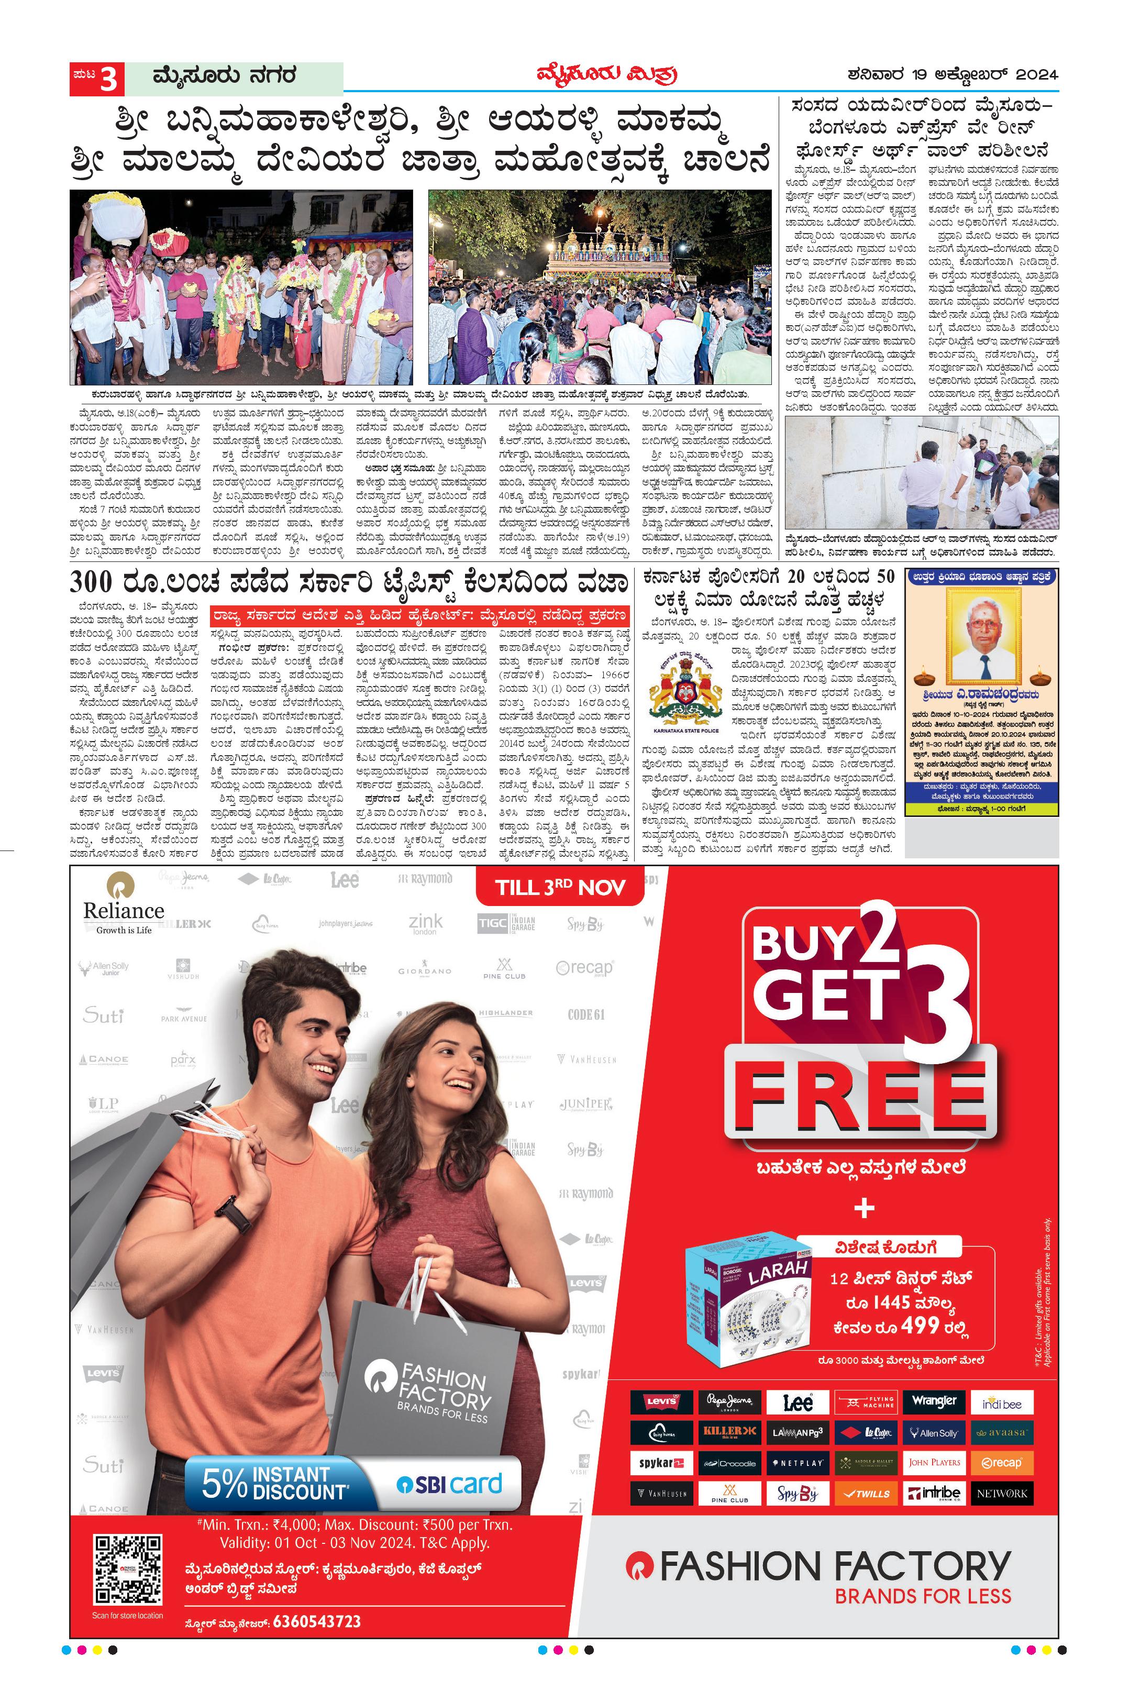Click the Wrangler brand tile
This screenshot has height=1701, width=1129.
pos(934,1401)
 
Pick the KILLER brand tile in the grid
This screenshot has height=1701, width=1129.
pos(729,1432)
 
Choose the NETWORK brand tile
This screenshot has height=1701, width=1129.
pos(1002,1492)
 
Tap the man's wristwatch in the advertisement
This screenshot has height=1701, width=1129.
pos(234,1217)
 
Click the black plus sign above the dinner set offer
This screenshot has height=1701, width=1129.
pos(864,1207)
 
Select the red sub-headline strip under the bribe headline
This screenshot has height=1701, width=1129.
pos(419,616)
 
